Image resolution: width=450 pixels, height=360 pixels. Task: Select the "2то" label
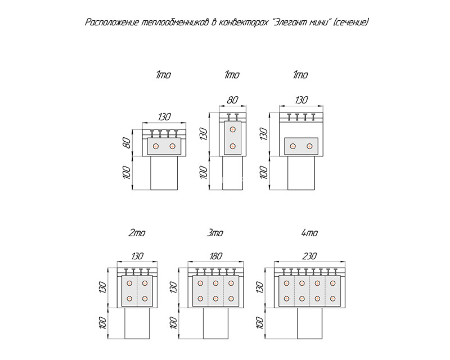pyautogui.click(x=137, y=232)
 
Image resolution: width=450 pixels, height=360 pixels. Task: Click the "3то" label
pyautogui.click(x=215, y=232)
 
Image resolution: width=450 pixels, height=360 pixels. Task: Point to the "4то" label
pyautogui.click(x=309, y=232)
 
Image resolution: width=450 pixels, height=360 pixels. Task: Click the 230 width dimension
pyautogui.click(x=309, y=255)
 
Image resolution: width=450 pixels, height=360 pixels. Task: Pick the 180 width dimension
pyautogui.click(x=215, y=255)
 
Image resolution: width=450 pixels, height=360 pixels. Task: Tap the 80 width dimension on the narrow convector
pyautogui.click(x=232, y=100)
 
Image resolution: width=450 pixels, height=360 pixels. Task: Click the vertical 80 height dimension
pyautogui.click(x=128, y=143)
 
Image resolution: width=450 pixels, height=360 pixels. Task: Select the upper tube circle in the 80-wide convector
pyautogui.click(x=233, y=129)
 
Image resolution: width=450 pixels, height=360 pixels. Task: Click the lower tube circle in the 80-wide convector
pyautogui.click(x=233, y=146)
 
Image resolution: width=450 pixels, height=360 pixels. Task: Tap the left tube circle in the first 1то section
pyautogui.click(x=156, y=146)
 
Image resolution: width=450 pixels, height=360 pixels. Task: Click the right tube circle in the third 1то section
pyautogui.click(x=309, y=146)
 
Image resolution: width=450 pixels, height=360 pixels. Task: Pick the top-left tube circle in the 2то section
pyautogui.click(x=129, y=283)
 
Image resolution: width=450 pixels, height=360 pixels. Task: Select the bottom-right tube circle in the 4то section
pyautogui.click(x=332, y=299)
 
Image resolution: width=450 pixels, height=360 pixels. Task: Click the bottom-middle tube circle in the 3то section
pyautogui.click(x=215, y=299)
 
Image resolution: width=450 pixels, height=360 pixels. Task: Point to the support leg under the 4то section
pyautogui.click(x=310, y=323)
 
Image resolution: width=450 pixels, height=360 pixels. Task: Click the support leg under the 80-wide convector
pyautogui.click(x=233, y=173)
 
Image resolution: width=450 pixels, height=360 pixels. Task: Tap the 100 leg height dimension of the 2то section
pyautogui.click(x=104, y=323)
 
